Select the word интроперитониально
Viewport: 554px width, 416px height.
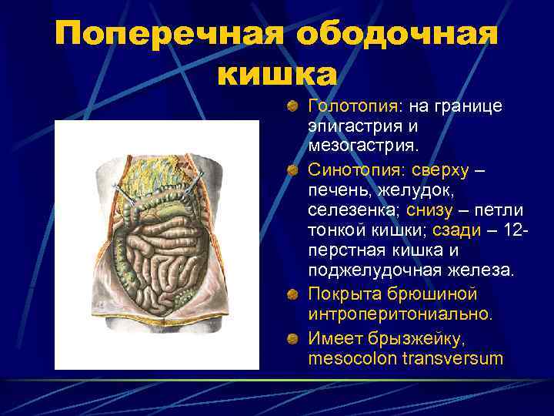click(399, 315)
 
